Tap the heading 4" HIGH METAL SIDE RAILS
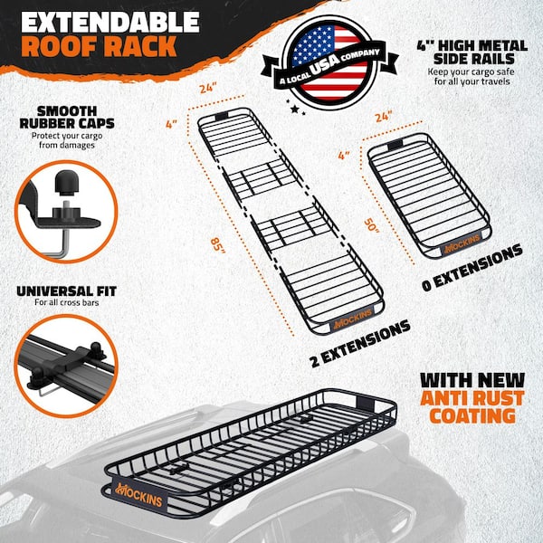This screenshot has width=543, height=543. coord(471,53)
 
